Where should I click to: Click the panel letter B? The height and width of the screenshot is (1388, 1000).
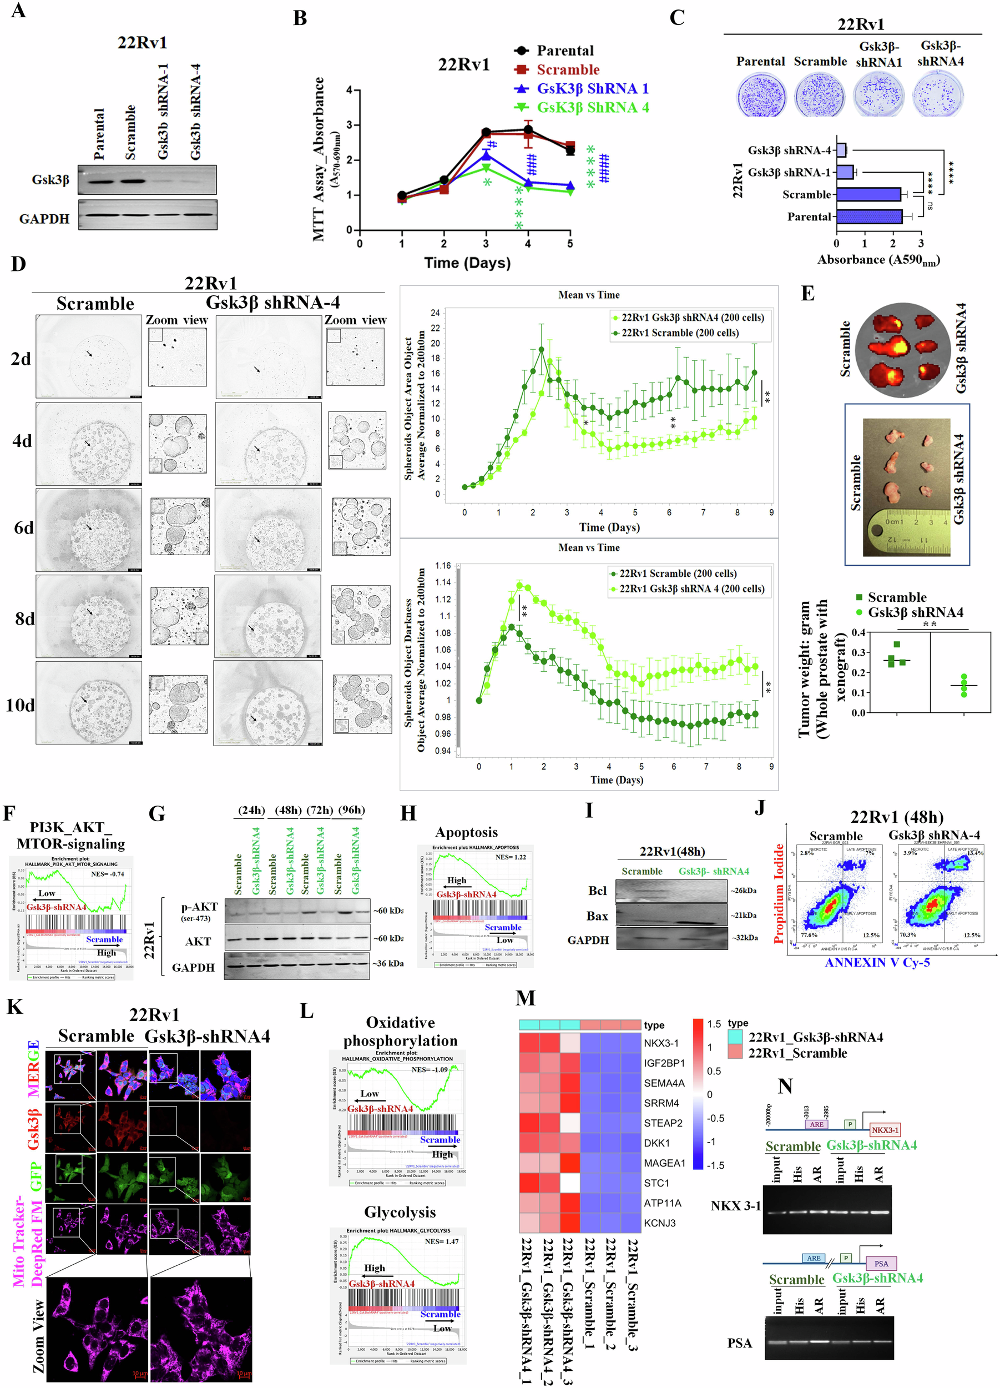pyautogui.click(x=300, y=18)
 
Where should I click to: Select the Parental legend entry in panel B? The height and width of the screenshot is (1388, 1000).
pyautogui.click(x=564, y=51)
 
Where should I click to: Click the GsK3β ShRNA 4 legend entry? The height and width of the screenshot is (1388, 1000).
pyautogui.click(x=592, y=108)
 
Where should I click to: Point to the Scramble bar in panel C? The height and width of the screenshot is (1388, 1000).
pyautogui.click(x=868, y=195)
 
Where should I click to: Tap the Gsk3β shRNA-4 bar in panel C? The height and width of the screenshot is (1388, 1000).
pyautogui.click(x=841, y=150)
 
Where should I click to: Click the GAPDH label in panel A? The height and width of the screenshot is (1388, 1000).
pyautogui.click(x=44, y=219)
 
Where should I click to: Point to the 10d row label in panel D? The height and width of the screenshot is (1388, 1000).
pyautogui.click(x=19, y=705)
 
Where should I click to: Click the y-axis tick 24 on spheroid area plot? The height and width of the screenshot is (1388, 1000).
pyautogui.click(x=435, y=313)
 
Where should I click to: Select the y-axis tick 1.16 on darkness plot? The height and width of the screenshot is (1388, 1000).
pyautogui.click(x=443, y=566)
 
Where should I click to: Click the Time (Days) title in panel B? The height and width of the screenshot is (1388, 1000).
pyautogui.click(x=467, y=263)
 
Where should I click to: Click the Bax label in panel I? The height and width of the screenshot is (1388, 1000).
pyautogui.click(x=597, y=916)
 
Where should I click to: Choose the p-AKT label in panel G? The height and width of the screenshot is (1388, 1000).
pyautogui.click(x=199, y=907)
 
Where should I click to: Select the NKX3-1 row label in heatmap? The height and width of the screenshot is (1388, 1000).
pyautogui.click(x=660, y=1043)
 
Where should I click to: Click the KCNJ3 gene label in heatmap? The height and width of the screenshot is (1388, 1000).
pyautogui.click(x=659, y=1223)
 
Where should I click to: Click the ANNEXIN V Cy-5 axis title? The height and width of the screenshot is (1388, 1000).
pyautogui.click(x=876, y=962)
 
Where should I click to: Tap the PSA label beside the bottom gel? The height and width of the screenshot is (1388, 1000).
pyautogui.click(x=739, y=1342)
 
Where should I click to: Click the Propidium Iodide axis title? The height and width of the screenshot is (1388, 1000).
pyautogui.click(x=779, y=893)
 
